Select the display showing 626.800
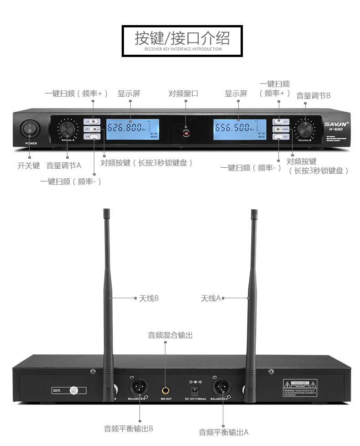(x=133, y=129)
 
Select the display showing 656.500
(x=239, y=129)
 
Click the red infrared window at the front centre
(x=185, y=133)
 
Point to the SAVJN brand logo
(x=336, y=123)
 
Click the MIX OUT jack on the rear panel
(x=166, y=390)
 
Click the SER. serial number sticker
(x=68, y=391)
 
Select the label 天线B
(x=149, y=298)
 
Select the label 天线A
(x=211, y=298)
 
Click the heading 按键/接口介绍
(x=182, y=38)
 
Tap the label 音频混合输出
(x=170, y=335)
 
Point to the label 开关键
(x=29, y=166)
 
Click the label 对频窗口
(x=184, y=93)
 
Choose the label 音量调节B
(x=313, y=96)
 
